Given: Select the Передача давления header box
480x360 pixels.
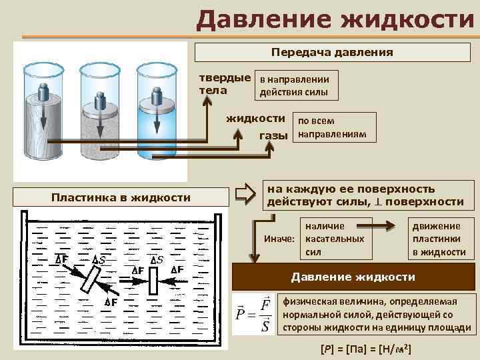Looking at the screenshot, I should [x=332, y=51].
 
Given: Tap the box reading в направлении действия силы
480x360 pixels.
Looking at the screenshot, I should [x=298, y=85].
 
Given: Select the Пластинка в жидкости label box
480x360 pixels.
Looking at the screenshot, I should [x=121, y=197].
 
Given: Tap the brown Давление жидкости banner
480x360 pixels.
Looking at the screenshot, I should [x=353, y=276].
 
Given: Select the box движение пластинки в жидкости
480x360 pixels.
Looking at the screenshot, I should [x=439, y=239].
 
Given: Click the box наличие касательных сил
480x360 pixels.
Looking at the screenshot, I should [x=334, y=239].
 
